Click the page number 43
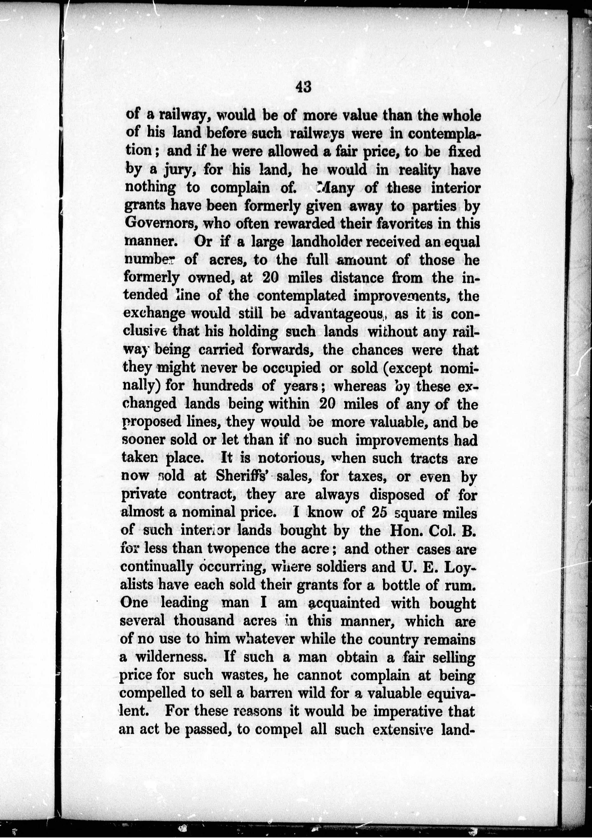[x=303, y=87]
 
